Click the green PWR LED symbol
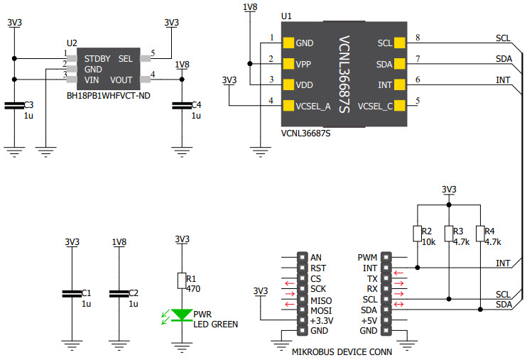coord(183,315)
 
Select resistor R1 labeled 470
coord(183,280)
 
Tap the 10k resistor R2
coord(417,234)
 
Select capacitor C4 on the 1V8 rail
coord(183,106)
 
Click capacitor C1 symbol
coord(70,293)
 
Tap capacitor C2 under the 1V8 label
coord(119,293)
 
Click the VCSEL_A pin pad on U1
coord(288,107)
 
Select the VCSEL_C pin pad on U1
coord(399,107)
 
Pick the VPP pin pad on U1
coord(288,64)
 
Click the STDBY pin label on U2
coord(97,58)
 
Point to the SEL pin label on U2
coord(125,58)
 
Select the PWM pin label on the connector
coord(367,257)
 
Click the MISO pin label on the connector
coord(320,300)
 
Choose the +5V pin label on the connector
coord(369,321)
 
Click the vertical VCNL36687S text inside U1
coord(344,75)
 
